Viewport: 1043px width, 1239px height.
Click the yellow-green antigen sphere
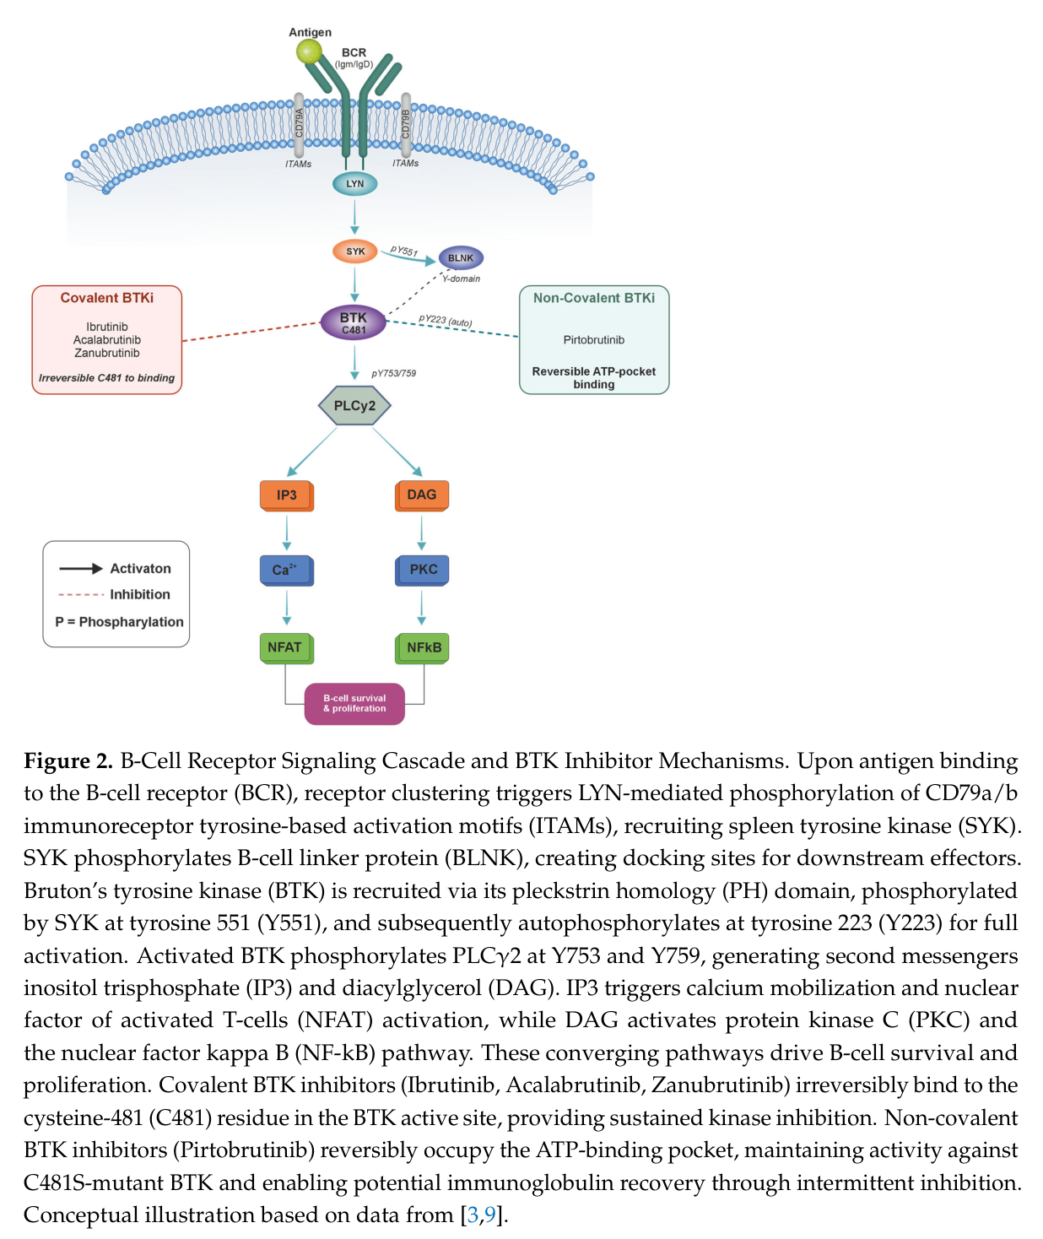(x=309, y=52)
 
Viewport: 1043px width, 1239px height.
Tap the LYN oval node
(x=354, y=184)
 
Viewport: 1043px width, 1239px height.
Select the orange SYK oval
(x=354, y=252)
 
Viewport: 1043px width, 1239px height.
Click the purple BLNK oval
(x=461, y=258)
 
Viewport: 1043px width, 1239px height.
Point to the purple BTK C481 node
(x=354, y=322)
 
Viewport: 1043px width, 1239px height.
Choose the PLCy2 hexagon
(x=354, y=406)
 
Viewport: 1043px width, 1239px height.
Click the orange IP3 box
(x=287, y=495)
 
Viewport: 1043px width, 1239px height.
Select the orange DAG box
(x=422, y=495)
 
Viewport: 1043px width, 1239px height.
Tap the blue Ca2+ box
(x=287, y=571)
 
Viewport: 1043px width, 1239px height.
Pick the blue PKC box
(x=422, y=571)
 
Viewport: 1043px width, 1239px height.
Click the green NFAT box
(x=287, y=648)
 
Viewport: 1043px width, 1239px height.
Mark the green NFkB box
(x=422, y=648)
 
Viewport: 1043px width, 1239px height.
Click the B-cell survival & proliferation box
(x=354, y=704)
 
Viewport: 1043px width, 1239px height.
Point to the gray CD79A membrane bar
(x=299, y=125)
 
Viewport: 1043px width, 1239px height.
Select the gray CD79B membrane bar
(x=406, y=125)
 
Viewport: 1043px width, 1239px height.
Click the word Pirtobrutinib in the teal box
(x=594, y=340)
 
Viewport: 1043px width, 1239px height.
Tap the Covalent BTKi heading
(x=107, y=298)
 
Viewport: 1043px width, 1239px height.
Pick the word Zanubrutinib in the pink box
(x=107, y=353)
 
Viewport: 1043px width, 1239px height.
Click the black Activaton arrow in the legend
(x=81, y=569)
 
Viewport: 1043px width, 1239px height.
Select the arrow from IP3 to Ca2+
(x=287, y=533)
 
